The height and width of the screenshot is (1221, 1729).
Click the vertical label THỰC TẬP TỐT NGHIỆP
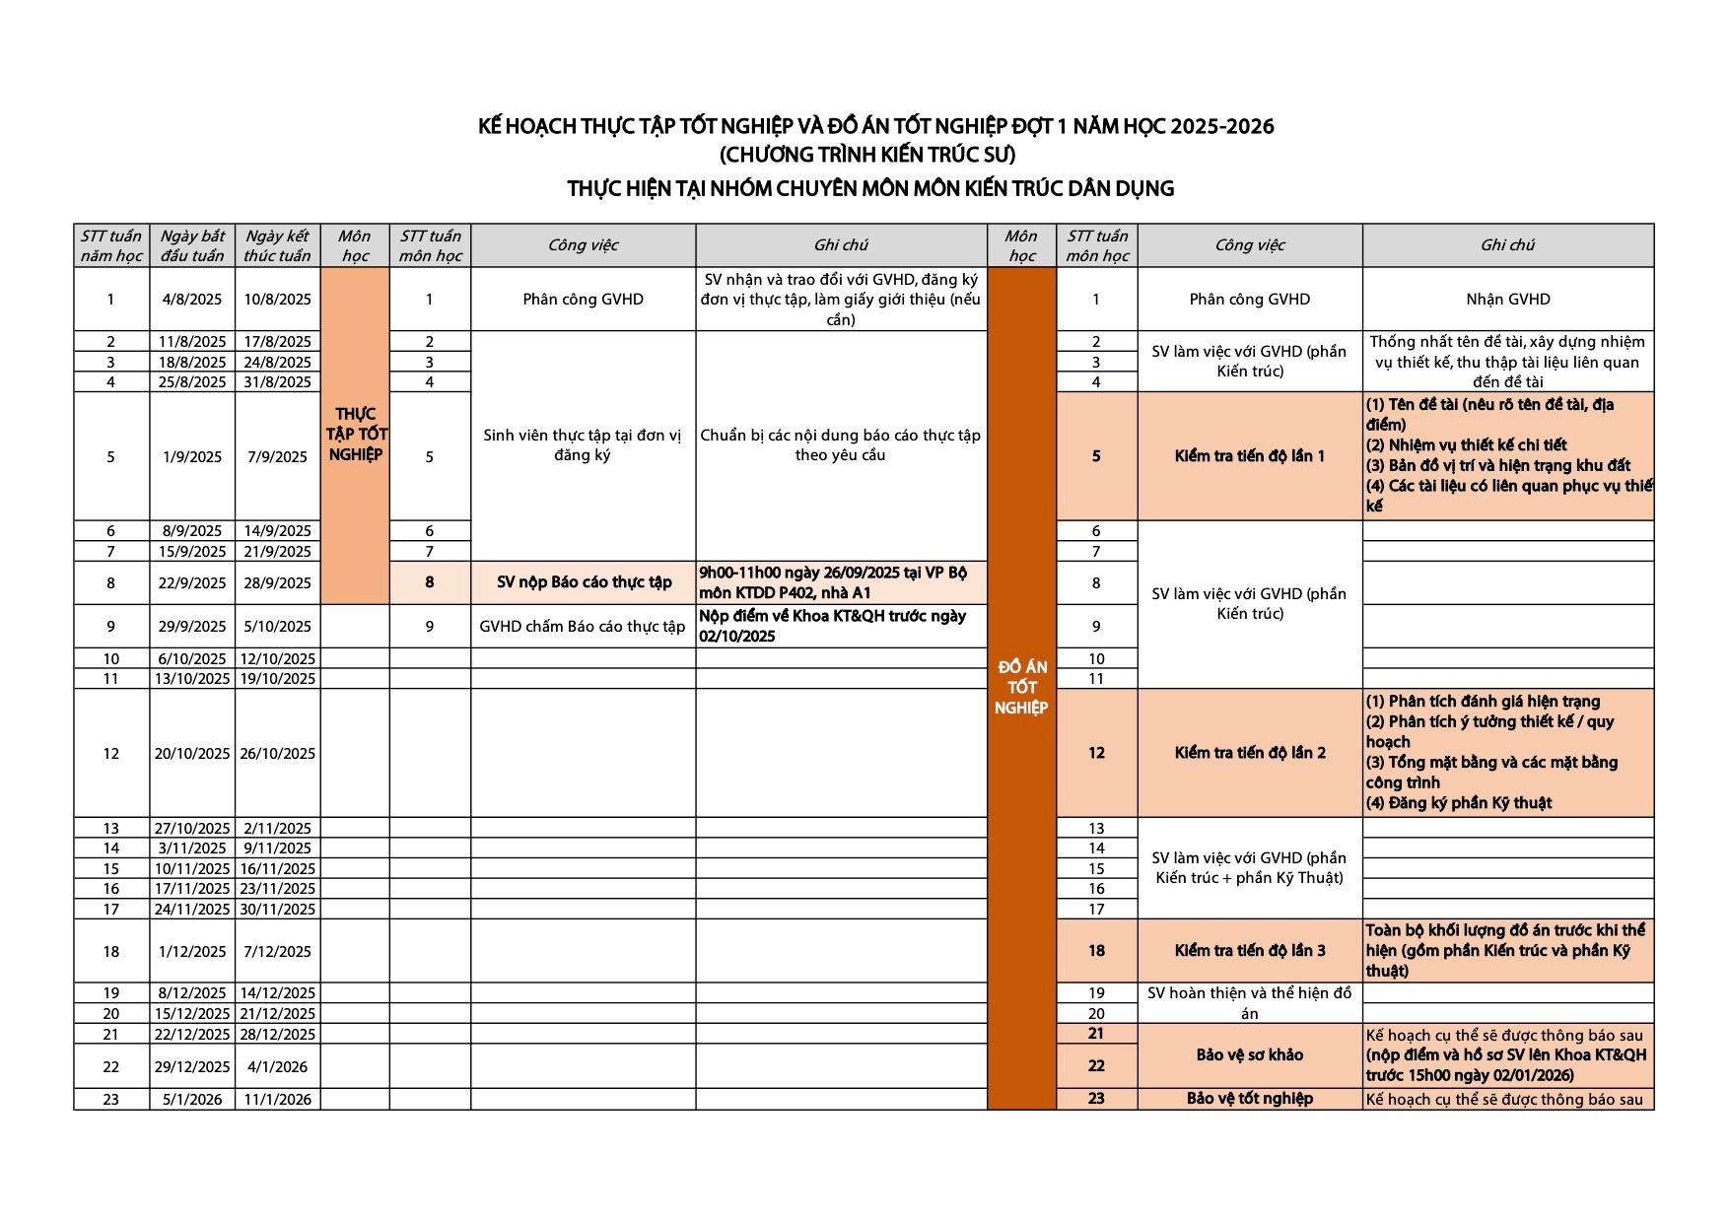click(x=356, y=435)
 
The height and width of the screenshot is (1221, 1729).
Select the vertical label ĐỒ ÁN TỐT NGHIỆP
click(x=1021, y=688)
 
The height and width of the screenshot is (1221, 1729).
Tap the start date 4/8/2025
click(x=192, y=300)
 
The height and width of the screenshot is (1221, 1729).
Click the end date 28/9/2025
click(x=277, y=583)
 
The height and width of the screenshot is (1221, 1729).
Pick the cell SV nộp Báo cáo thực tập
click(x=584, y=582)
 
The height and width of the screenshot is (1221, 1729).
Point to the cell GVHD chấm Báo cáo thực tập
click(x=583, y=627)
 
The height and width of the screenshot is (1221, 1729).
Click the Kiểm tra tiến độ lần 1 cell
click(x=1249, y=456)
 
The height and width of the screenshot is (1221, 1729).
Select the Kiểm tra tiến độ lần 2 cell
click(x=1249, y=753)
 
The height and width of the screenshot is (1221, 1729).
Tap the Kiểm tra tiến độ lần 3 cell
click(x=1249, y=951)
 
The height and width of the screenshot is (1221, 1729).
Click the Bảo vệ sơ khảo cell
click(x=1249, y=1055)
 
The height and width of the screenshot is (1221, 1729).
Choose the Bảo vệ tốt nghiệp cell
click(x=1249, y=1099)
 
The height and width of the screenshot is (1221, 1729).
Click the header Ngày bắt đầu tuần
click(x=192, y=245)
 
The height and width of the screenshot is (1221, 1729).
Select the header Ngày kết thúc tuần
click(x=277, y=245)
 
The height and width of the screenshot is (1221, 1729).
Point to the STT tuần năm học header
click(x=110, y=245)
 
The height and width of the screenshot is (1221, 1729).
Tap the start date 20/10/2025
click(x=192, y=754)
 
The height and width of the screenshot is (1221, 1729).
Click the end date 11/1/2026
click(x=277, y=1100)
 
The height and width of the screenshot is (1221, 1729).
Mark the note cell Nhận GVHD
click(x=1507, y=300)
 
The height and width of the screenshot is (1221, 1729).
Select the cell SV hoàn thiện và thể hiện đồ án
click(x=1249, y=1003)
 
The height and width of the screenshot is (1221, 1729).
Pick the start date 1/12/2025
click(x=192, y=952)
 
